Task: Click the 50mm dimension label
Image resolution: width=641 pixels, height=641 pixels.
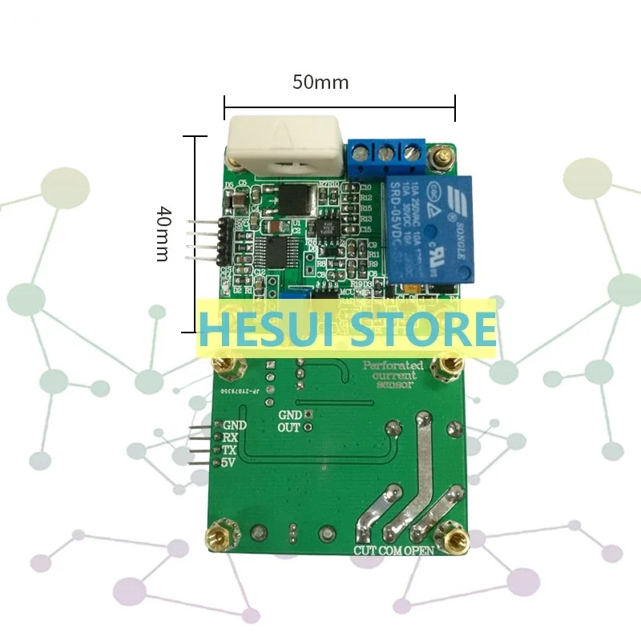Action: pyautogui.click(x=320, y=83)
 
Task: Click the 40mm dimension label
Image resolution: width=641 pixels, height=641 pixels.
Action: pyautogui.click(x=163, y=233)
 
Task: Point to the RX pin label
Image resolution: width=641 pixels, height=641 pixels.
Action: pyautogui.click(x=230, y=437)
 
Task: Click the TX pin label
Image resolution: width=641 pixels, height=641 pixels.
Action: pyautogui.click(x=230, y=450)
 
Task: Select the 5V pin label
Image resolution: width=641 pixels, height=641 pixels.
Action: pyautogui.click(x=230, y=463)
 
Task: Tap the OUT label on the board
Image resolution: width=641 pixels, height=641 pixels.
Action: pyautogui.click(x=288, y=428)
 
